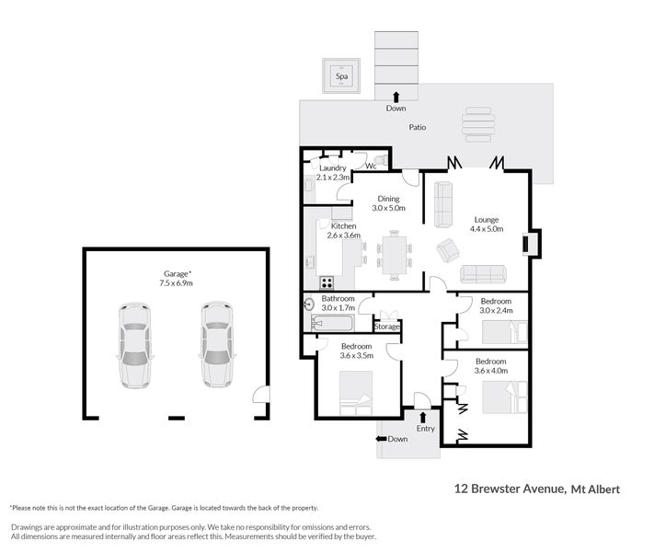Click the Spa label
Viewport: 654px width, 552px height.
341,76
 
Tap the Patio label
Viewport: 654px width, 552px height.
417,127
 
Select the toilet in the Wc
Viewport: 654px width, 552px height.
381,160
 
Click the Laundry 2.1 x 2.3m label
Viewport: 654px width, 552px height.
332,173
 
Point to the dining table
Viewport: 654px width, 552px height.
395,256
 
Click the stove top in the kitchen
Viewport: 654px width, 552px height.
327,282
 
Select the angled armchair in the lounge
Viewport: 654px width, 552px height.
448,250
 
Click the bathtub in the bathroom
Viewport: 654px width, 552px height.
333,323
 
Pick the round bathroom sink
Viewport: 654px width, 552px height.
309,305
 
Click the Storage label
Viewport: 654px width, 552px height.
386,327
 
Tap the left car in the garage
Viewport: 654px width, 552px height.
134,345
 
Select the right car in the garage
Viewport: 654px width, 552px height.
217,345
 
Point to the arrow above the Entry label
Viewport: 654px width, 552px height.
422,418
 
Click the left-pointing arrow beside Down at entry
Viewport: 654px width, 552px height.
381,439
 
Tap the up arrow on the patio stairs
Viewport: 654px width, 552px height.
396,98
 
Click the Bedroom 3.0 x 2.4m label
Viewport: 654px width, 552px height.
496,305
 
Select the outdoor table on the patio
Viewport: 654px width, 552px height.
478,124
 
